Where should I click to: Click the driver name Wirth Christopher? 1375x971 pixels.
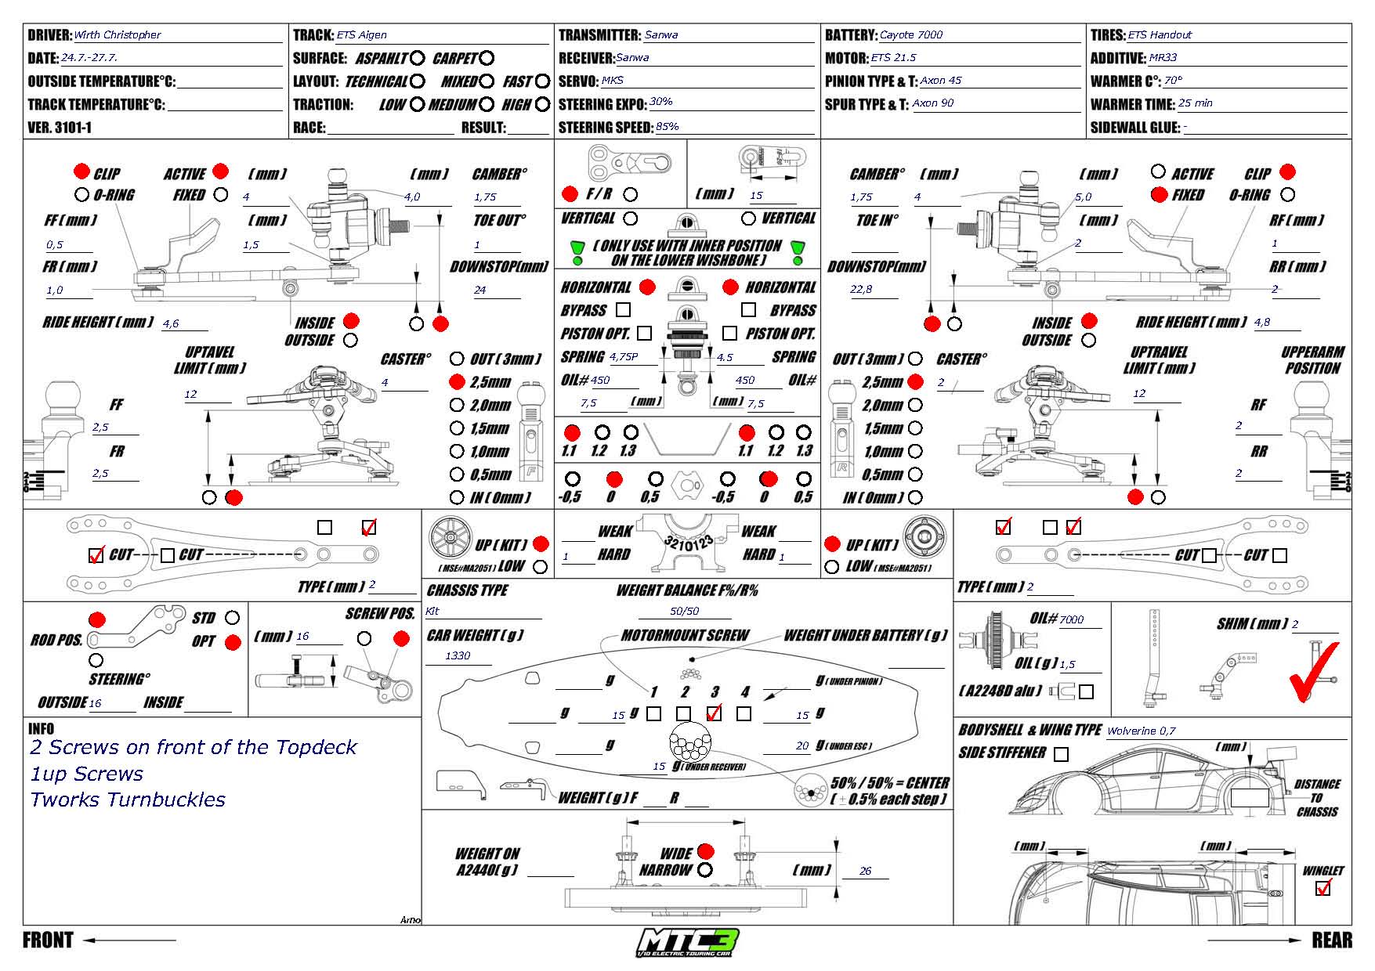[x=117, y=35]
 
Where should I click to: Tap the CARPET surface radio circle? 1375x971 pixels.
[x=487, y=58]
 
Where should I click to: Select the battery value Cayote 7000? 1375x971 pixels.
[x=910, y=35]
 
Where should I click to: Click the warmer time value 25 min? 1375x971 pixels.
[x=1195, y=103]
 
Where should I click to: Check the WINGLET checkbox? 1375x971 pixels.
[x=1323, y=888]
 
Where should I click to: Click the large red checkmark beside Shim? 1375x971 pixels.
[x=1312, y=671]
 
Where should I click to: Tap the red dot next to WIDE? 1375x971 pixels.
[x=705, y=851]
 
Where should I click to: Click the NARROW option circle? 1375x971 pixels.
[x=705, y=870]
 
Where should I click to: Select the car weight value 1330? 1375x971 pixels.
[x=458, y=655]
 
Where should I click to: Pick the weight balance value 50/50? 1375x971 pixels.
[x=684, y=611]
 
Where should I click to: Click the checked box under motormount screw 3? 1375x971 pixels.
[x=714, y=713]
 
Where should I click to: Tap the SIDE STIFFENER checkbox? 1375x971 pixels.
[x=1061, y=754]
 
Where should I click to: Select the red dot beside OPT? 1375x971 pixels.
[x=233, y=643]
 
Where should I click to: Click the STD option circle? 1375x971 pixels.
[x=232, y=618]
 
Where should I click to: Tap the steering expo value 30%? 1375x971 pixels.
[x=660, y=102]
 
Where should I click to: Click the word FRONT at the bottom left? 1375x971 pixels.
[x=48, y=940]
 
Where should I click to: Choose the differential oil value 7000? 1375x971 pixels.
[x=1071, y=619]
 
